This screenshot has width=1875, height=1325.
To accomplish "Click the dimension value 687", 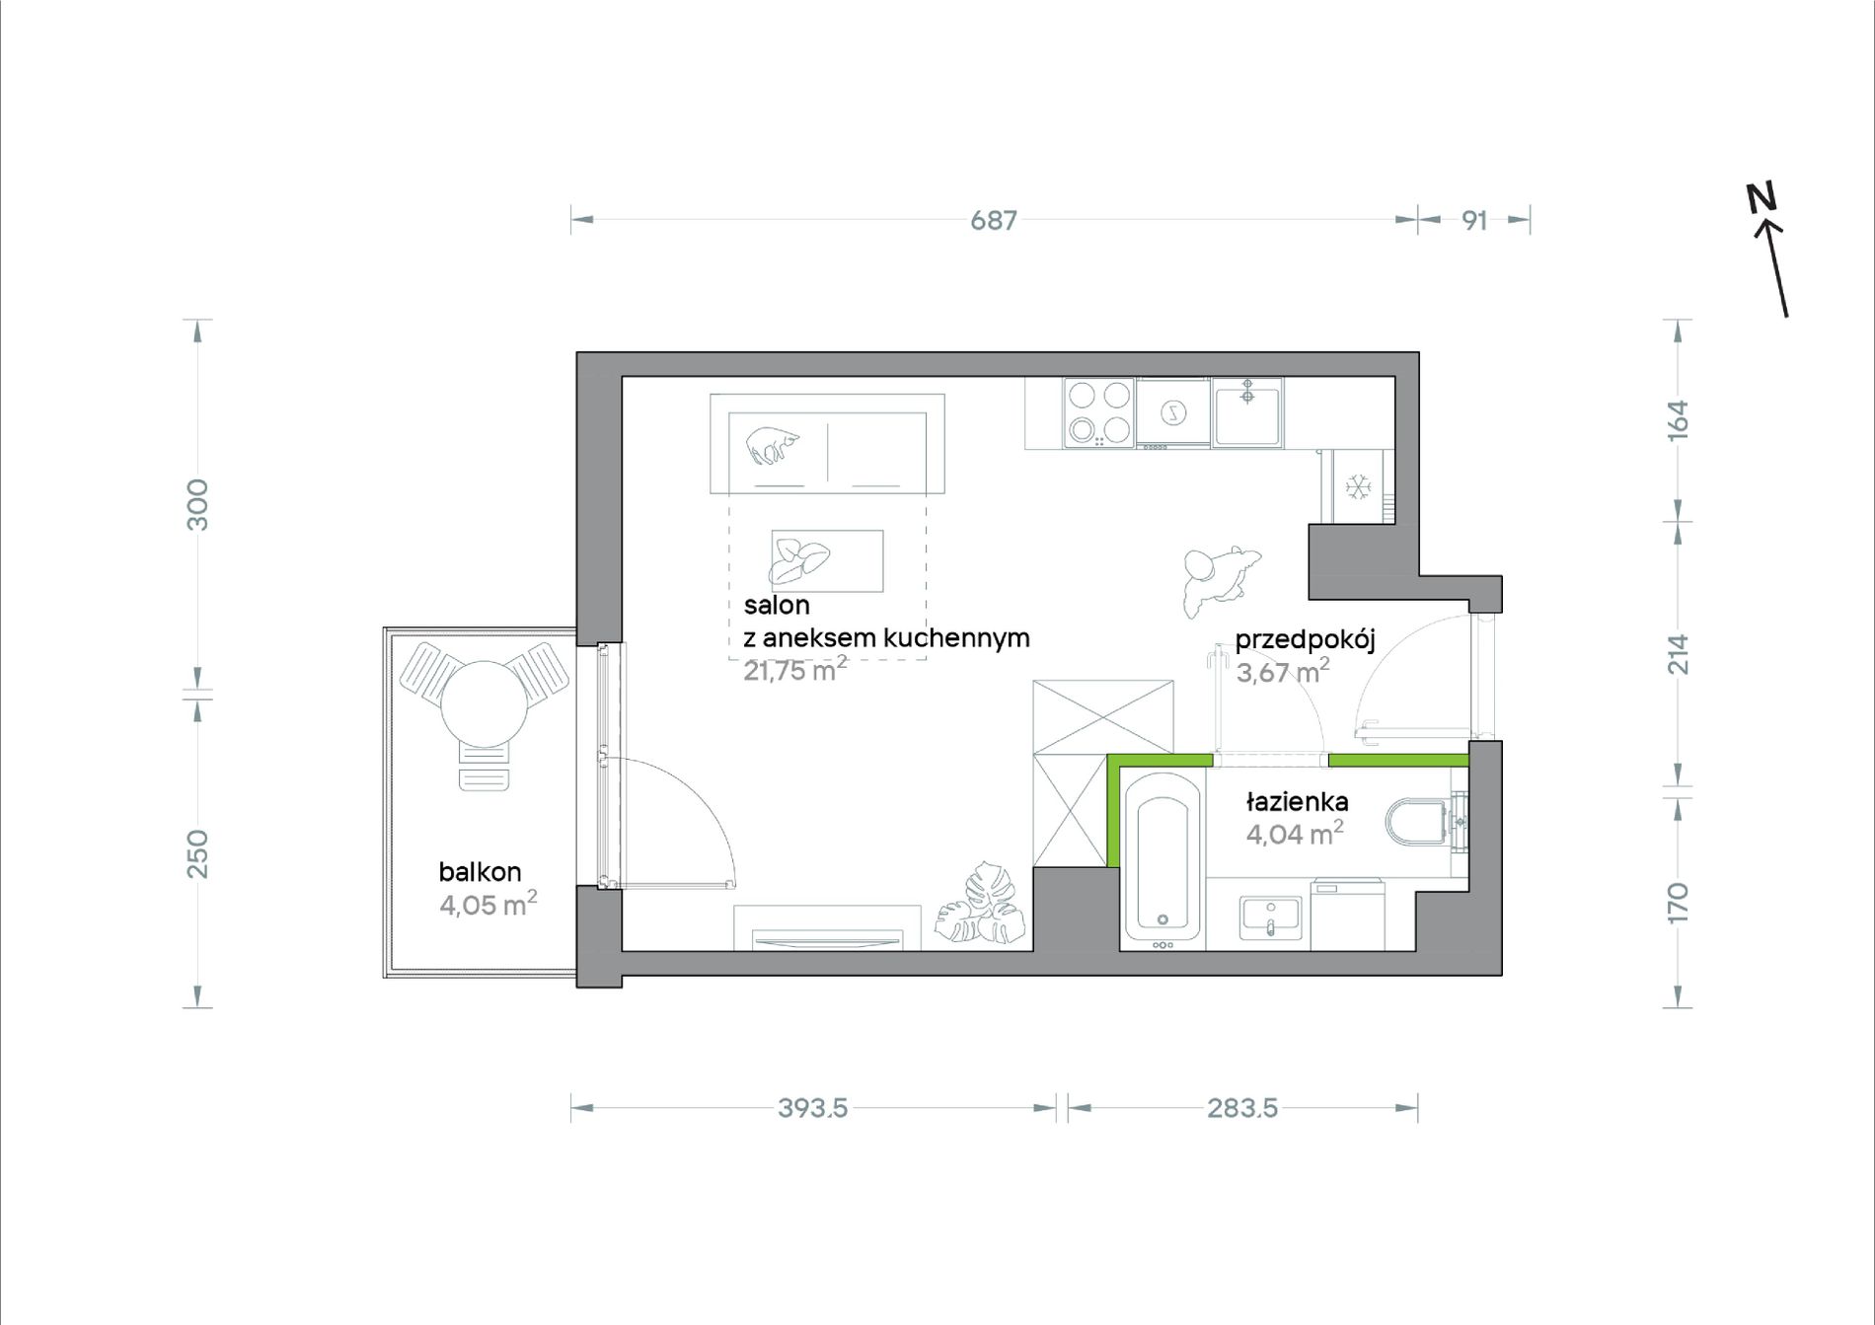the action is coord(993,220).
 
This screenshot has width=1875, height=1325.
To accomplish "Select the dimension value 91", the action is coord(1474,220).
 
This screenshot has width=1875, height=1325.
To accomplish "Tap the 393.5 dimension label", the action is coord(813,1108).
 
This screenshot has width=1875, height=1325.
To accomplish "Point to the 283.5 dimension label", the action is coord(1242,1108).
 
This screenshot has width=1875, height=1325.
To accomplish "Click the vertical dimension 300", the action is coord(197,504).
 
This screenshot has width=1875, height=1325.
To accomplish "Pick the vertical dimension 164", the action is coord(1678,420).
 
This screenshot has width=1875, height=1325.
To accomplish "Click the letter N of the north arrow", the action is coord(1761,197).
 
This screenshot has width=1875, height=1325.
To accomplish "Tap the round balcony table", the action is coord(484,703).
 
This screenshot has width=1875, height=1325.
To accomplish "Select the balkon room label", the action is coord(480,871).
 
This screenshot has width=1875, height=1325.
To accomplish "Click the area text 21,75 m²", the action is coord(794,670).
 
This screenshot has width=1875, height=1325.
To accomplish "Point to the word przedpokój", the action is coord(1305,639).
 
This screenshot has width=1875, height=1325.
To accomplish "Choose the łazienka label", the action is coord(1297,801).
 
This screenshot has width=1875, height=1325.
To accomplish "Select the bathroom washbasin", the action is coord(1270,918).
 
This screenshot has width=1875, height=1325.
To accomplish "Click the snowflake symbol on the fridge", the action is coord(1359,486).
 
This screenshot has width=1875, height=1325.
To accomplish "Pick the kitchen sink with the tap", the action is coord(1248,413).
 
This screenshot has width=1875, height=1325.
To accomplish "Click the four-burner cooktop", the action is coord(1099,412).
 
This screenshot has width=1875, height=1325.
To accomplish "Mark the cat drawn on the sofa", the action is coord(773,444).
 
